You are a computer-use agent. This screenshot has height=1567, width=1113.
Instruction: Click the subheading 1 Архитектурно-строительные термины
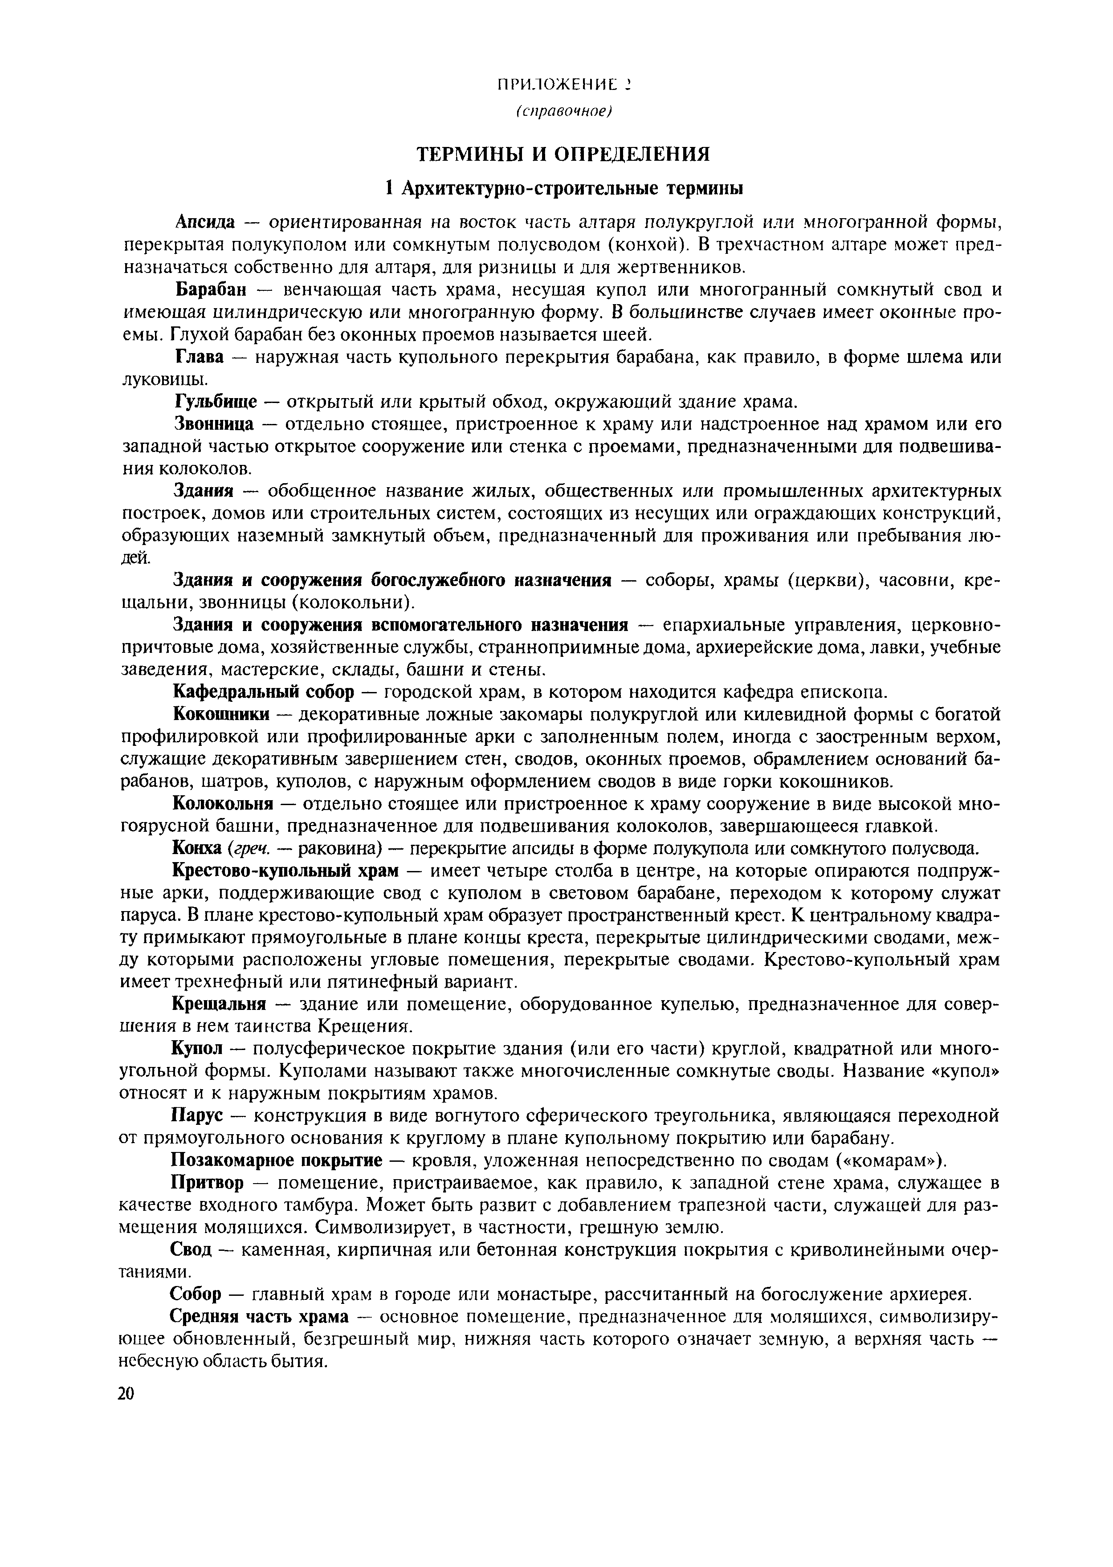(563, 188)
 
